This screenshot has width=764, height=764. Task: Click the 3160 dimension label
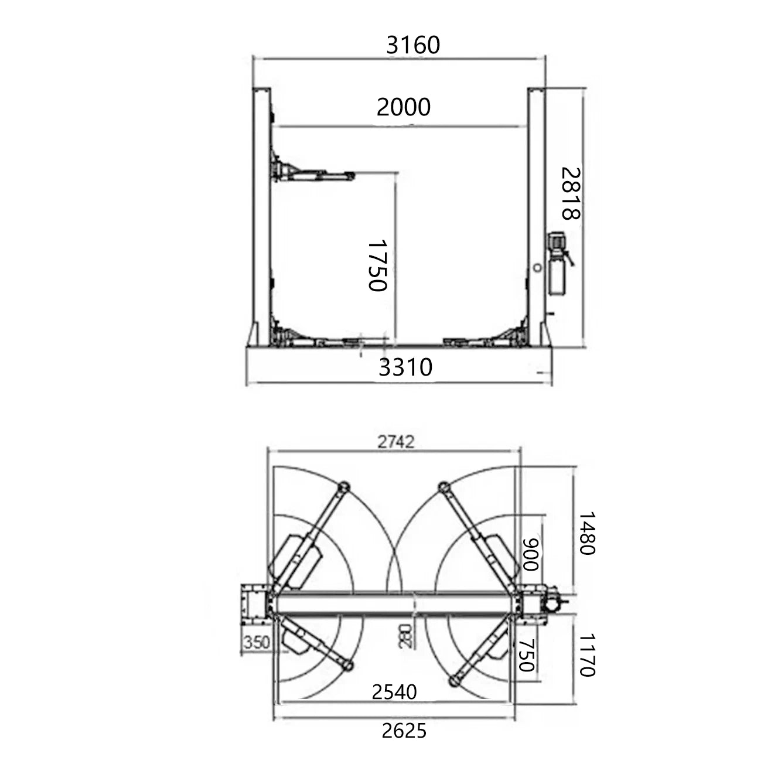pyautogui.click(x=412, y=45)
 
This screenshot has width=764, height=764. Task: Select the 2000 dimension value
pyautogui.click(x=403, y=107)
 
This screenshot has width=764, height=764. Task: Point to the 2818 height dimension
pyautogui.click(x=571, y=193)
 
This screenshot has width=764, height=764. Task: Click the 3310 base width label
pyautogui.click(x=405, y=367)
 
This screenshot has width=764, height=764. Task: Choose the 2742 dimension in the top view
pyautogui.click(x=395, y=442)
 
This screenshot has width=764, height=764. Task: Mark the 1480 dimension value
pyautogui.click(x=587, y=533)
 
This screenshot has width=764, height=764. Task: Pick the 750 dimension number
pyautogui.click(x=527, y=655)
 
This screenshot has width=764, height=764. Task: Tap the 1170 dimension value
pyautogui.click(x=587, y=654)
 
